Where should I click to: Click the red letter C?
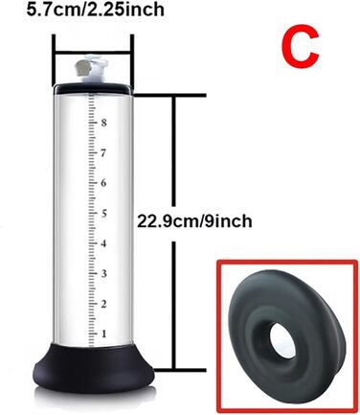pos(300,47)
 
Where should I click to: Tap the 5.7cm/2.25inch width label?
pos(95,9)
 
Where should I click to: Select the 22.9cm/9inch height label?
pos(194,221)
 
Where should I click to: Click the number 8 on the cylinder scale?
pos(103,123)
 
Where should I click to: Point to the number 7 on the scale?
pos(102,153)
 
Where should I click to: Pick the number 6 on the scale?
pos(103,183)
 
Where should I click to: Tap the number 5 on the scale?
pos(103,213)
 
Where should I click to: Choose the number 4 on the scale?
pos(103,243)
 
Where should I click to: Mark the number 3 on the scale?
pos(103,273)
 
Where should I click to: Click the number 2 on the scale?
pos(103,304)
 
